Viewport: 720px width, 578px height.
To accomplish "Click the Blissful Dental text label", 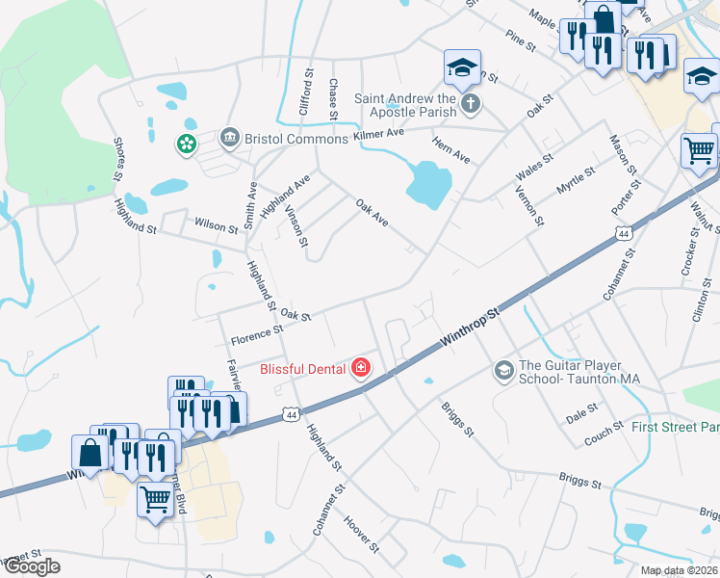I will tap(303, 368).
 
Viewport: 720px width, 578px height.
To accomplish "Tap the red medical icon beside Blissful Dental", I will tap(361, 367).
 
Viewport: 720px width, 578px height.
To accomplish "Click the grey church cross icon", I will tap(470, 102).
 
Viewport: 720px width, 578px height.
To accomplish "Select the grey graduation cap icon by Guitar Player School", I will tap(502, 370).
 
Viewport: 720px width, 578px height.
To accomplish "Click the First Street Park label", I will tap(672, 426).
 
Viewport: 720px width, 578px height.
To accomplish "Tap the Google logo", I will tap(32, 566).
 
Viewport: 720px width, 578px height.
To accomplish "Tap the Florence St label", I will tap(256, 334).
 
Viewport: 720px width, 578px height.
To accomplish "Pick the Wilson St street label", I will tap(217, 226).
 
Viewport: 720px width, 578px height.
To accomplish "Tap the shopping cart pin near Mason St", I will tap(699, 150).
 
